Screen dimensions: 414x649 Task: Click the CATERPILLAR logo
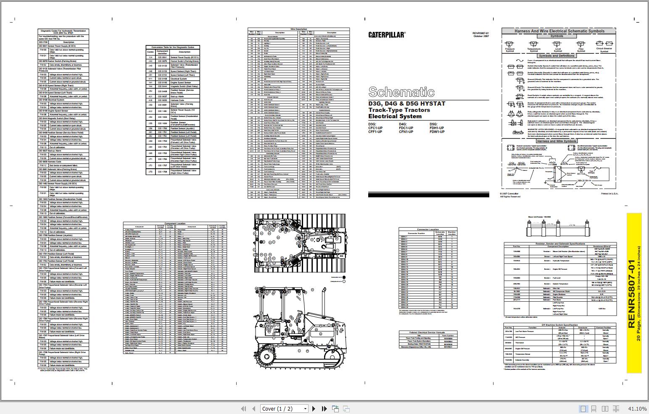click(x=387, y=35)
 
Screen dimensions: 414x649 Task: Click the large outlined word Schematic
click(x=401, y=92)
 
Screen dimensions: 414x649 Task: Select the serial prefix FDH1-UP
click(x=437, y=128)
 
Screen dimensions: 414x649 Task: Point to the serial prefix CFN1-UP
click(x=406, y=132)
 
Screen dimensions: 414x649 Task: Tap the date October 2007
click(x=481, y=36)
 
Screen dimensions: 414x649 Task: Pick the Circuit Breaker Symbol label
click(x=604, y=50)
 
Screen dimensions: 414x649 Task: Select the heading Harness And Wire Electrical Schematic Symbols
click(x=559, y=31)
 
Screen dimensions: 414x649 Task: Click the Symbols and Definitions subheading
click(x=557, y=56)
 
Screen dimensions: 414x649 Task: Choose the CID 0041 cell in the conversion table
click(x=162, y=57)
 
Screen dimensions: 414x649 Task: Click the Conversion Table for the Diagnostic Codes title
click(x=173, y=47)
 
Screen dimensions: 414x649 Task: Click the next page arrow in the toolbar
click(x=314, y=409)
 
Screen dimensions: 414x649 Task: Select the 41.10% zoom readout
click(x=637, y=409)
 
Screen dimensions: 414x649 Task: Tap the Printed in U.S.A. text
click(x=609, y=194)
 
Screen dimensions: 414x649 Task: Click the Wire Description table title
click(x=298, y=29)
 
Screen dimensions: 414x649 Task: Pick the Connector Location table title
click(x=428, y=229)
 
